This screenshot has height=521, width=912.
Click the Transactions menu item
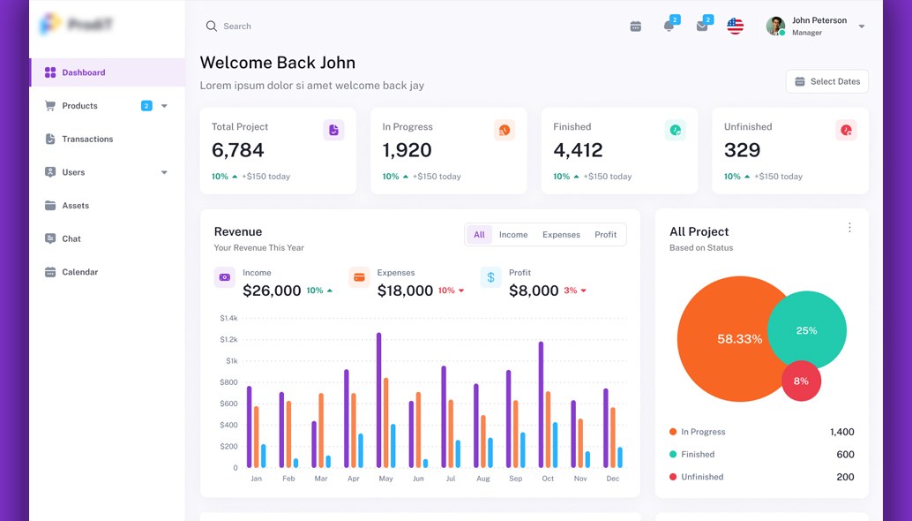[86, 140]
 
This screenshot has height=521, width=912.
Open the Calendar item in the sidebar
[79, 272]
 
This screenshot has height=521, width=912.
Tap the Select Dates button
[826, 81]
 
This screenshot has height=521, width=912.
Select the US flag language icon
[735, 26]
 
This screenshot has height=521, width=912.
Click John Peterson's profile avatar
[775, 26]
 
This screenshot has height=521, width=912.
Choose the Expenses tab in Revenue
[561, 235]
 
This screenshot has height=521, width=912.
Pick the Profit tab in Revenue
[605, 235]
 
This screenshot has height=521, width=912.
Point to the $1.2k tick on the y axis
[228, 339]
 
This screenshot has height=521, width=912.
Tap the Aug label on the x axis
[482, 479]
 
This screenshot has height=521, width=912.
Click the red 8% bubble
[801, 381]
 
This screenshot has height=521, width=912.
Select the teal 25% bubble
[808, 330]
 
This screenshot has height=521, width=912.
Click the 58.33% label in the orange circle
[739, 339]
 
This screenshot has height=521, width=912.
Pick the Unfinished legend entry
[701, 477]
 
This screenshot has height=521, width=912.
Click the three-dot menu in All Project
[849, 228]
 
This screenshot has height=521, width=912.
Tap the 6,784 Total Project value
[237, 150]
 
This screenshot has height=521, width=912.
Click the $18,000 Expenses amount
[405, 291]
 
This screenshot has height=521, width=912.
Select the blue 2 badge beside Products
[146, 106]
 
